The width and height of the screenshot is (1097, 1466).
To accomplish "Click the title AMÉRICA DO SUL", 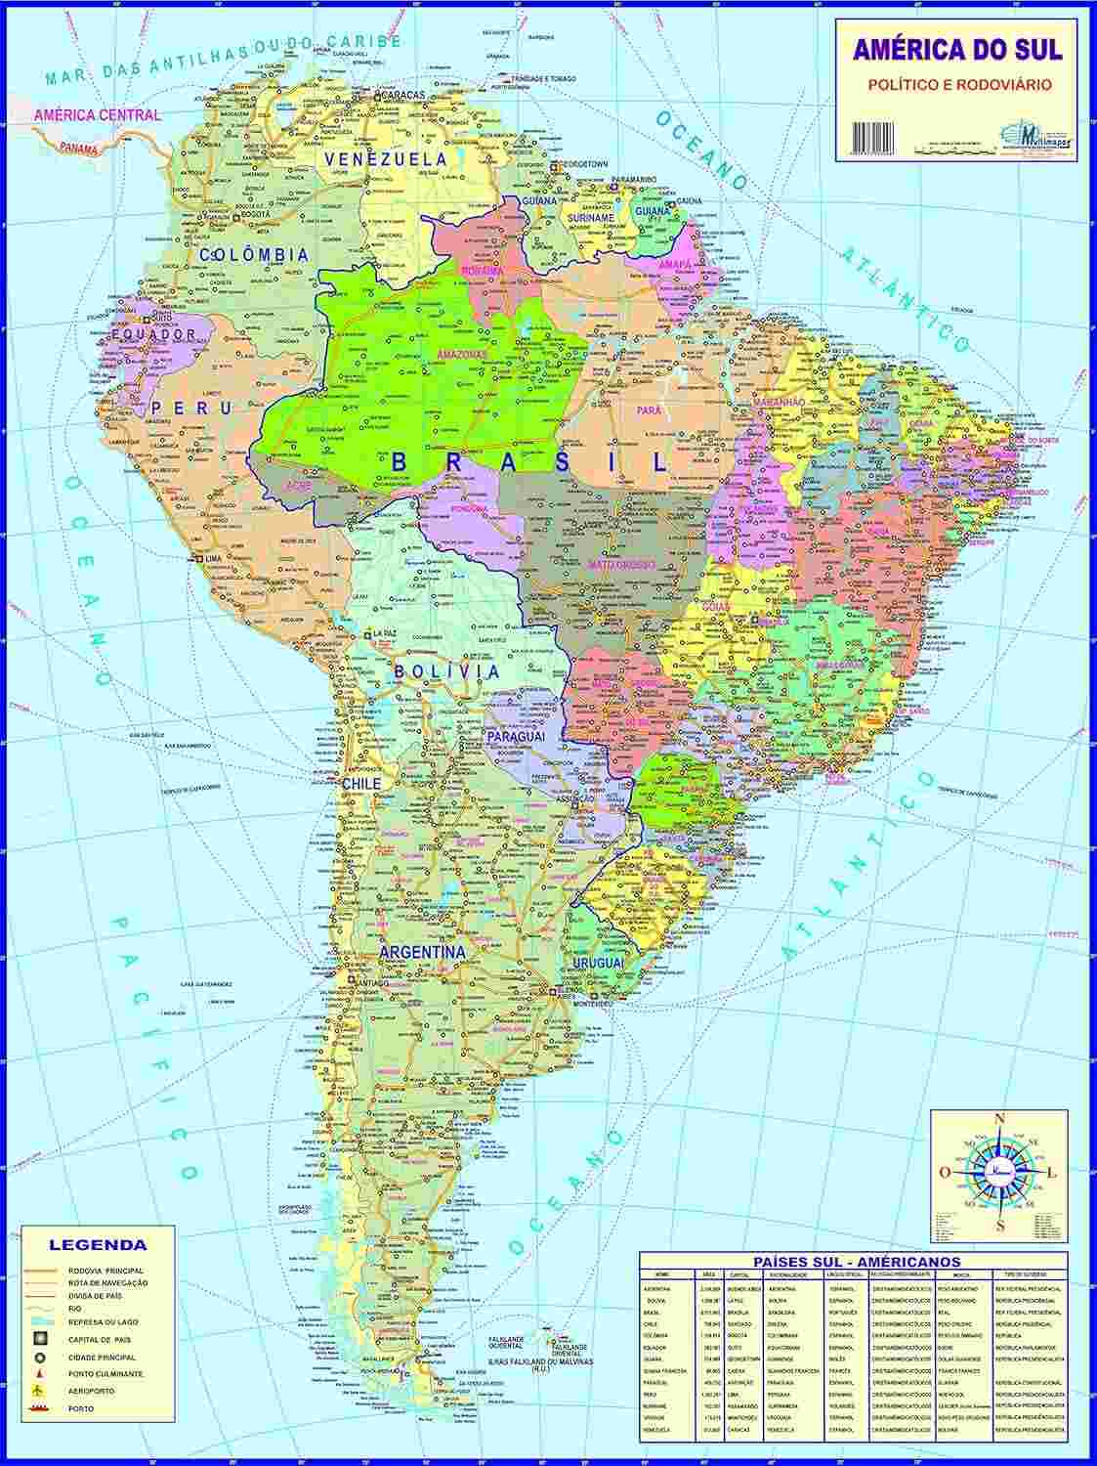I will click(957, 50).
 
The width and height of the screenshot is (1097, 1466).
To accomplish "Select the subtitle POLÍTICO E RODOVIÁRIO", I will click(959, 85).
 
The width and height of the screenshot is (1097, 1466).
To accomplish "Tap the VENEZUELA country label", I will click(386, 158).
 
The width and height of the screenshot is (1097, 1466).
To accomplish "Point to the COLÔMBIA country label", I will click(254, 255).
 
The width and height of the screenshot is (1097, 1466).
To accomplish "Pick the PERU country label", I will click(191, 408).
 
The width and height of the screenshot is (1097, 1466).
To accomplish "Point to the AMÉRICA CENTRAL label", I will click(97, 114).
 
